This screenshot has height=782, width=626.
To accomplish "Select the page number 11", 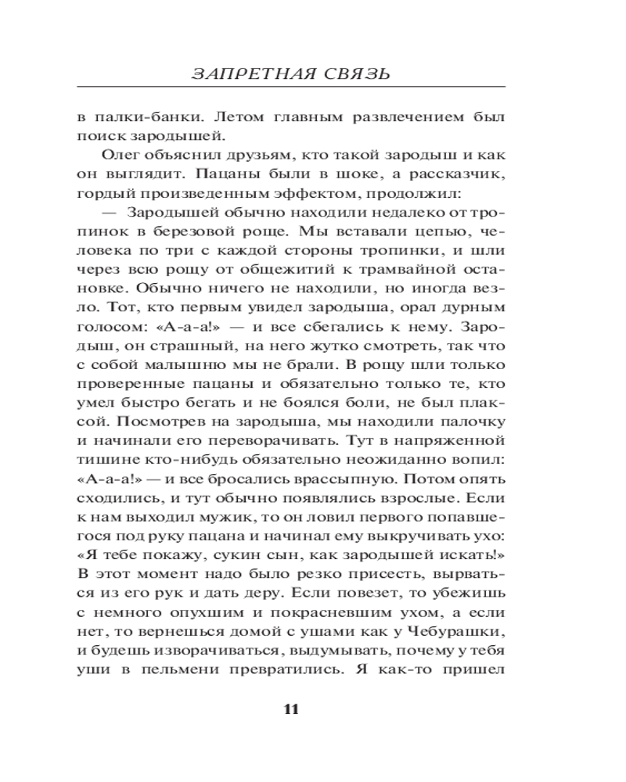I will [290, 710].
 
